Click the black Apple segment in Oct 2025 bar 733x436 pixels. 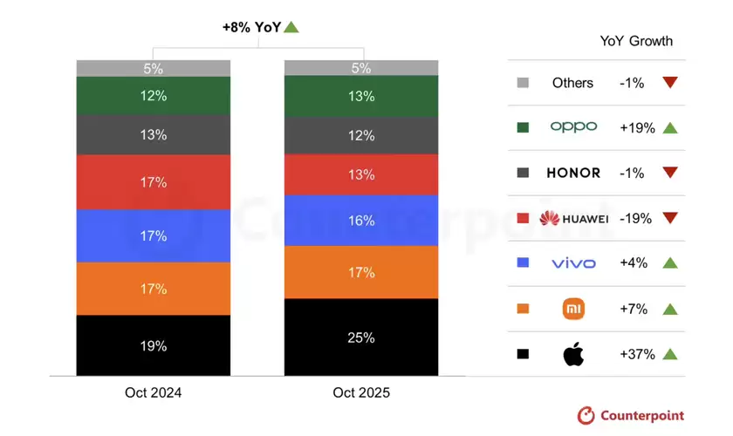(361, 337)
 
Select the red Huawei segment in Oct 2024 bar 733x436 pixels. (154, 182)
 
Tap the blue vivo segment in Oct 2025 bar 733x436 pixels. (361, 221)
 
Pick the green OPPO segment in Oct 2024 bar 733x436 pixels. (154, 96)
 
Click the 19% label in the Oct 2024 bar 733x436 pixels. (154, 346)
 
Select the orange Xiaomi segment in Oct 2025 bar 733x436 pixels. (361, 272)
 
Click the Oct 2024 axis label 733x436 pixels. (154, 393)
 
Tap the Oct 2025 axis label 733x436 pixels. (361, 393)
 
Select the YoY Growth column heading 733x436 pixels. (636, 41)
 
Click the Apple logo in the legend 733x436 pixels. (573, 354)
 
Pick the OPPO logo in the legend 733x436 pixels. (573, 127)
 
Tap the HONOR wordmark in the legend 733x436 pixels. (573, 173)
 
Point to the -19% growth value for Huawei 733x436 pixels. (635, 218)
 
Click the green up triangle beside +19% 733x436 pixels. (669, 127)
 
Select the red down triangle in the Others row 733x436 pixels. (669, 83)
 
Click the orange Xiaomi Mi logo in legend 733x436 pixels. (573, 309)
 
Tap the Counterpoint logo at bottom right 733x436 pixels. (631, 416)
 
